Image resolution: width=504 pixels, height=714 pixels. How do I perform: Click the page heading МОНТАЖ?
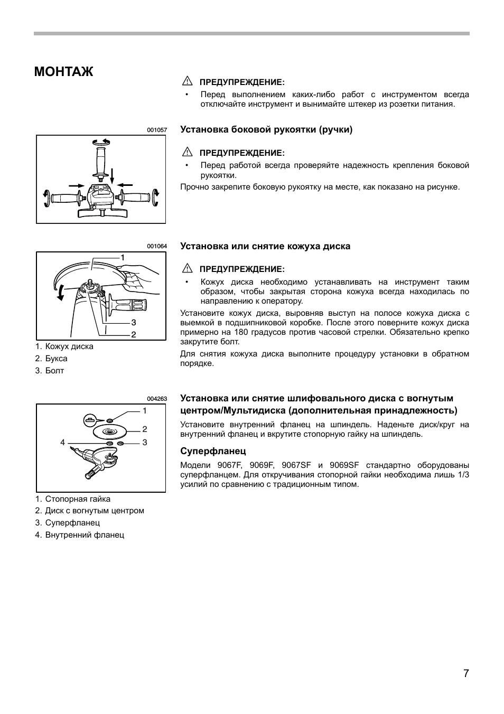tap(63, 72)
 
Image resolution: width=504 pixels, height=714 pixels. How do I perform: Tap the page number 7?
tap(466, 673)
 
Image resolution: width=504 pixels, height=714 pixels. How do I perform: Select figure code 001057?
tap(157, 130)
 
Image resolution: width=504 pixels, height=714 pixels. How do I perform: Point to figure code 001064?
tap(157, 247)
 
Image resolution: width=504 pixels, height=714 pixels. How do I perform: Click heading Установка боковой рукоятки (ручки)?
tap(266, 129)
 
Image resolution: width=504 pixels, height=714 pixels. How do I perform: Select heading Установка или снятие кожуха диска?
tap(265, 246)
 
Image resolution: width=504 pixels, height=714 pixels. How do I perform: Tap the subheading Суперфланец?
tap(213, 452)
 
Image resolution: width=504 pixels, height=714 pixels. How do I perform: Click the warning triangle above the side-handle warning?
tap(186, 153)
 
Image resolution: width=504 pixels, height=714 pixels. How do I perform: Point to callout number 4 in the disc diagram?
tap(62, 443)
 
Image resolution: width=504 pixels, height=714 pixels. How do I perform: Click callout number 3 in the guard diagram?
tap(134, 322)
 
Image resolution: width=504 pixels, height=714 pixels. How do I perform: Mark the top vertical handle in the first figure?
tap(100, 162)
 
